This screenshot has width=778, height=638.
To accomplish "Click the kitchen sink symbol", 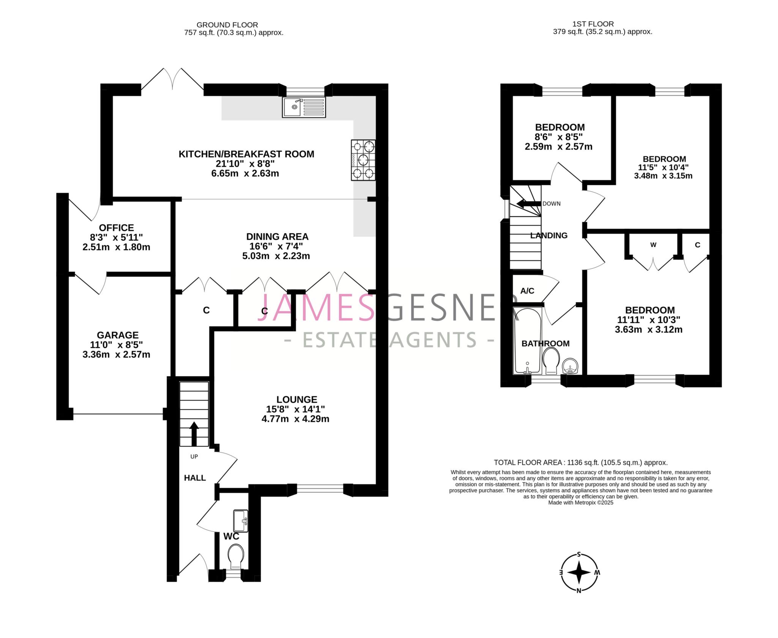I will tap(304, 107).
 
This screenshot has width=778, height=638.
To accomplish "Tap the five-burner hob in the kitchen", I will tap(363, 160).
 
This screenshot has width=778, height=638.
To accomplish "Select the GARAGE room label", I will tap(117, 335).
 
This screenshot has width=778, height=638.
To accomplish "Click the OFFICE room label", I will tap(116, 227).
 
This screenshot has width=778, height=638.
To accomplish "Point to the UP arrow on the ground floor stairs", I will tap(194, 433).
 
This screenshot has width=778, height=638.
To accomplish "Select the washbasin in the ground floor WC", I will tap(241, 521).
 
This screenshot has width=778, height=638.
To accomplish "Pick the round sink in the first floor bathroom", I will tap(570, 366).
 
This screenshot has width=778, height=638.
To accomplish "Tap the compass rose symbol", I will tap(579, 572).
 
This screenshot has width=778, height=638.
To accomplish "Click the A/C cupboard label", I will tap(527, 291).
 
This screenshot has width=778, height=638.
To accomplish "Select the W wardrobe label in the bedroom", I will tap(653, 245).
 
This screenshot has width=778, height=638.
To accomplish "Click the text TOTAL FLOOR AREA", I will tap(528, 463).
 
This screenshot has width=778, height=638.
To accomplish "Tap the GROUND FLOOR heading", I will tap(227, 25).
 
